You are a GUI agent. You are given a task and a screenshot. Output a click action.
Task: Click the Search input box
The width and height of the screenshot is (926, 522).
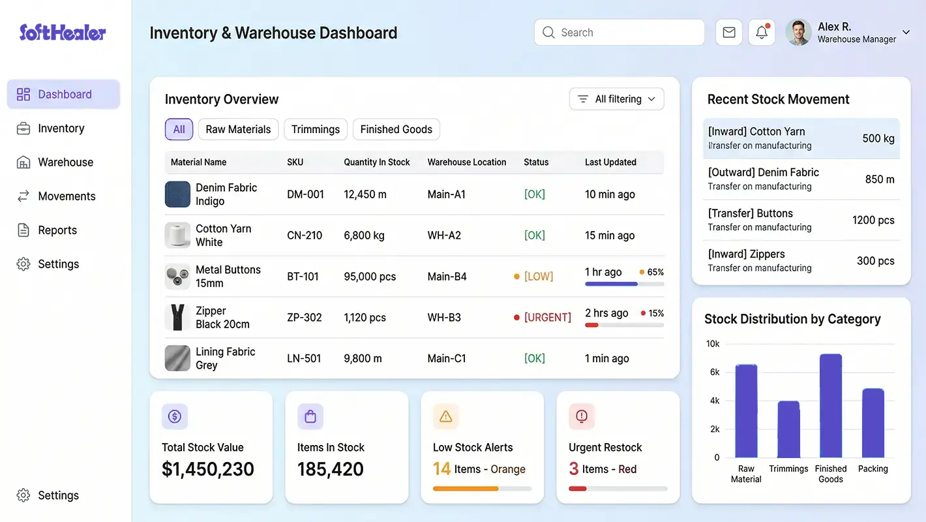point(620,33)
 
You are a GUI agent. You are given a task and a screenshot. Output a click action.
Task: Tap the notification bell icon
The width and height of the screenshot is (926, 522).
point(762,33)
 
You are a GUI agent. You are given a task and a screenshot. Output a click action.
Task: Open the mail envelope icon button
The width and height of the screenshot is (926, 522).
point(729,33)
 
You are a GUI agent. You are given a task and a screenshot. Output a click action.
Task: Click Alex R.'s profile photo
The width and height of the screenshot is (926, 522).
point(798,33)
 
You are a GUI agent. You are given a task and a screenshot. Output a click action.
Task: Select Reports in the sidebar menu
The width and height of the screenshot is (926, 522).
point(57,230)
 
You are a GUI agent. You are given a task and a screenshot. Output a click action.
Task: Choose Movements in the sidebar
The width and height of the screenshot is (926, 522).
point(67,196)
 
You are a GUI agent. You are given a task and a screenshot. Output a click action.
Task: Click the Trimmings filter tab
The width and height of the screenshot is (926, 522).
point(316,129)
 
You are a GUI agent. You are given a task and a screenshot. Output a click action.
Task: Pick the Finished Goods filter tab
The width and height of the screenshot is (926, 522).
point(396,129)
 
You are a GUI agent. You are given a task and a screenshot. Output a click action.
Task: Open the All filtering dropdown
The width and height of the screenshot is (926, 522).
point(617,99)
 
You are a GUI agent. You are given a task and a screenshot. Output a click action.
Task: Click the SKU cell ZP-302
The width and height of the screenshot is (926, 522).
point(305,318)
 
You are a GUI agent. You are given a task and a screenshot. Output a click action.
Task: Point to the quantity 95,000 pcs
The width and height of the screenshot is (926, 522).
point(370,277)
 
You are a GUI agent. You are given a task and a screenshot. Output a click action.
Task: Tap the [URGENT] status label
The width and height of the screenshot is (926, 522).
point(547,318)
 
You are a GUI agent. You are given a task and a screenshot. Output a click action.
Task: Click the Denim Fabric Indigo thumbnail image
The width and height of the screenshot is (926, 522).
point(177,194)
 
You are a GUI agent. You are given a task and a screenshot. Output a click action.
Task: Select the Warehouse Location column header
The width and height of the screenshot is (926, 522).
point(467,162)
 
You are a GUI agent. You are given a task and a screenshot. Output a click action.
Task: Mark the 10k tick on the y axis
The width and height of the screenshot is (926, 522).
point(713,344)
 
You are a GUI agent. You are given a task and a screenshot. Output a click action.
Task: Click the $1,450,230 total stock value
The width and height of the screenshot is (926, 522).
point(208,469)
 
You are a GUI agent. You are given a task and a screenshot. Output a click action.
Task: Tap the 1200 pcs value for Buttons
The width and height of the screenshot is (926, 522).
point(873,221)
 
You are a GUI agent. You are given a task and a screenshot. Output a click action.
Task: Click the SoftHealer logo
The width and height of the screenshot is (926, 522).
point(63,33)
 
